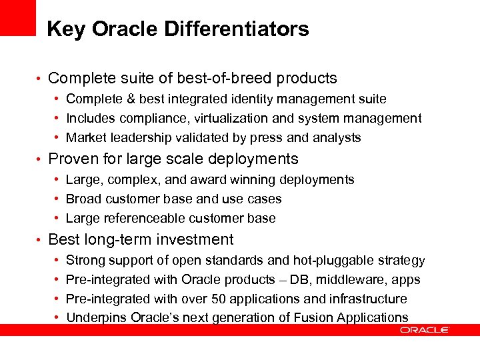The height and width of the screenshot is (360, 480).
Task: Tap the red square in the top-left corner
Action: pos(17,17)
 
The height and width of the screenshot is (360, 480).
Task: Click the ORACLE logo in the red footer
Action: pos(424,329)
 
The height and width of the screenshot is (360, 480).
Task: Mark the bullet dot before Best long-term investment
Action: pos(41,241)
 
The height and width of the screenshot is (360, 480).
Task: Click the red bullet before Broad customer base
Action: pos(57,199)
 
